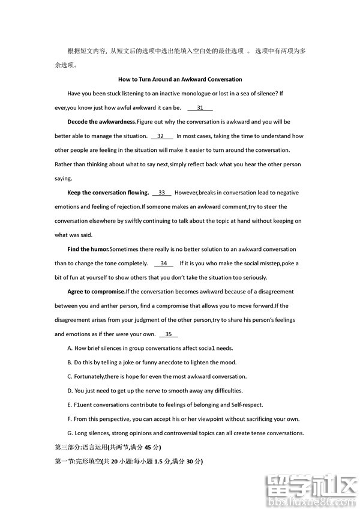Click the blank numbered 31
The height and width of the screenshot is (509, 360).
(x=200, y=108)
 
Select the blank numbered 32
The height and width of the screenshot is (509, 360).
(x=161, y=136)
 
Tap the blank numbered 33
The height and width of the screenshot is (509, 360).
(x=161, y=193)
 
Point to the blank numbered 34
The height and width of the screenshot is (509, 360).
(x=163, y=264)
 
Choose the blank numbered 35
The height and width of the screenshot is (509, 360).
(x=168, y=334)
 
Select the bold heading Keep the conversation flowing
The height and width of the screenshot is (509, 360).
(x=108, y=193)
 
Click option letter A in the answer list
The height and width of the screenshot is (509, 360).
(x=70, y=348)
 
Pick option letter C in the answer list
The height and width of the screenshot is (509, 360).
(x=70, y=376)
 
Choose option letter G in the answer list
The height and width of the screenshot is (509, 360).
(x=70, y=433)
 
